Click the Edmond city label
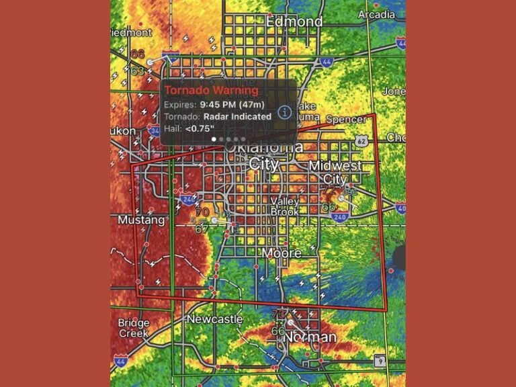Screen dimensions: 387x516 294,21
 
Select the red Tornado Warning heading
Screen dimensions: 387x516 212,90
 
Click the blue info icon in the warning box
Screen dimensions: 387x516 285,112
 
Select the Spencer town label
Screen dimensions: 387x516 347,120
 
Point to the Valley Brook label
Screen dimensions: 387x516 285,206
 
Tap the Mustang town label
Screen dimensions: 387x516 141,220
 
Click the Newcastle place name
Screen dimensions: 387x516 214,319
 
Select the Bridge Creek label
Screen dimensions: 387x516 134,328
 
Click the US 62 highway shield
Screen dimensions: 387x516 362,141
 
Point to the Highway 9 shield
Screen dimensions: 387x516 380,361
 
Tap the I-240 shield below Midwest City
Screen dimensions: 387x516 340,218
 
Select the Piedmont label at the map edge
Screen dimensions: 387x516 132,32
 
